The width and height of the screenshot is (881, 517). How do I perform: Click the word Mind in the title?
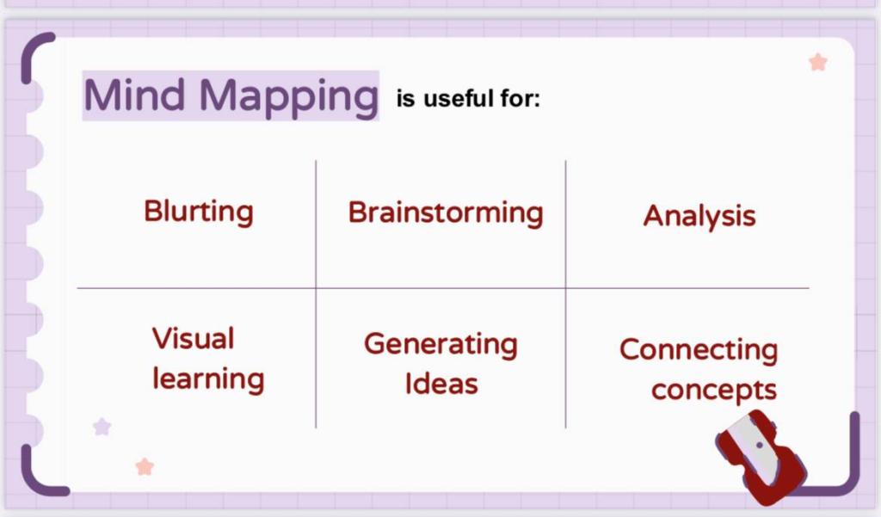point(134,95)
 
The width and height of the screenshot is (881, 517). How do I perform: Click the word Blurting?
point(199,212)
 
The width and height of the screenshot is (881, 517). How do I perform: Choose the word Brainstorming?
point(446,213)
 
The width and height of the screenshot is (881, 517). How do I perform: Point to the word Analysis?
point(699,216)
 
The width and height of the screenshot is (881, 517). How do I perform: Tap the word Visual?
point(193,338)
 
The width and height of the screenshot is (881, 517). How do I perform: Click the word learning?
point(208,379)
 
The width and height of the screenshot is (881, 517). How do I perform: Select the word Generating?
point(441,344)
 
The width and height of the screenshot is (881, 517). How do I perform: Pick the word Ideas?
point(441,384)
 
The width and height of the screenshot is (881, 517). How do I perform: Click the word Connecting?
point(699,350)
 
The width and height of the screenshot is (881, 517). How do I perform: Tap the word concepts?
point(714,390)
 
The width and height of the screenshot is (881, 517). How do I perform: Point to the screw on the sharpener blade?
point(760,445)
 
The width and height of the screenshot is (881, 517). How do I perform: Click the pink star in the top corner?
point(818,62)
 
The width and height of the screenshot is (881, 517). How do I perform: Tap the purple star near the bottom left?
point(102,427)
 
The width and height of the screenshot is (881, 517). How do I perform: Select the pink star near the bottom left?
point(145,466)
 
